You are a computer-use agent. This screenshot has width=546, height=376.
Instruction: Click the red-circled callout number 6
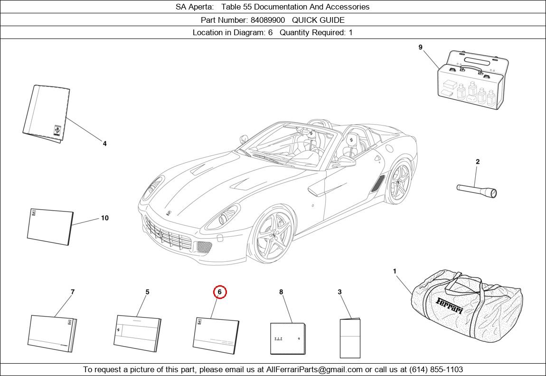tap(219, 292)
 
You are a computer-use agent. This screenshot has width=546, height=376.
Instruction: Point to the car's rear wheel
tap(399, 183)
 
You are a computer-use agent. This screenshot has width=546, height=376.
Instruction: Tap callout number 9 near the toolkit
tap(420, 47)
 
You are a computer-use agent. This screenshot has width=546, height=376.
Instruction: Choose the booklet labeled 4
tap(46, 114)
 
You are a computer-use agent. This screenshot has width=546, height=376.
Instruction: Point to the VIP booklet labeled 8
tap(288, 338)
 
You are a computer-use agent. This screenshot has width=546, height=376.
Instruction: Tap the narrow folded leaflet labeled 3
tap(350, 338)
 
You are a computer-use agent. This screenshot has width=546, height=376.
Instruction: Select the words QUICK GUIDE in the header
tap(318, 20)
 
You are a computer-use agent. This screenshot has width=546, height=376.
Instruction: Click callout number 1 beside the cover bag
tap(395, 271)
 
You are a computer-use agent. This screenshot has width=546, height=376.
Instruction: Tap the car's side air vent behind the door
tap(379, 183)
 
